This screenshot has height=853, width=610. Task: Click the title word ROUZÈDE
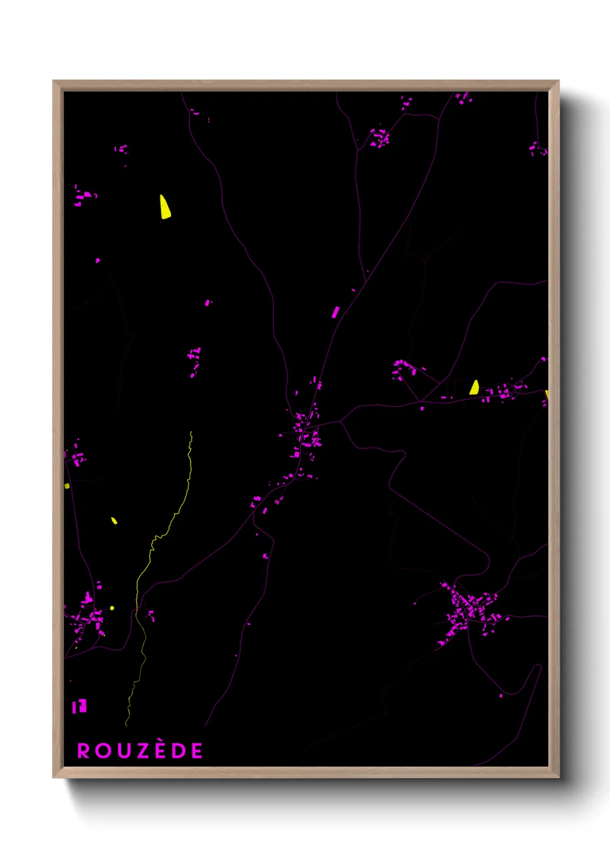[140, 750]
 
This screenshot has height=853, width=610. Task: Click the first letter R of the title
[84, 751]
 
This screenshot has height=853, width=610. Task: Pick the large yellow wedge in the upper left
[165, 208]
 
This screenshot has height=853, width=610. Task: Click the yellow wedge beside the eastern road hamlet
[474, 387]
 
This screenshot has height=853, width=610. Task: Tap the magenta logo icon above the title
[80, 706]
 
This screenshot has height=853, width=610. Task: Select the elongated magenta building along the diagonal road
[335, 312]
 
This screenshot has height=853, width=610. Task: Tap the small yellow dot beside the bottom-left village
[112, 607]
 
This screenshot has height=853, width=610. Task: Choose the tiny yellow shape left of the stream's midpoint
[114, 521]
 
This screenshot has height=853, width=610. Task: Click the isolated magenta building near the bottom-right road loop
[500, 696]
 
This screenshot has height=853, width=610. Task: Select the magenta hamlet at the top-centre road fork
[379, 138]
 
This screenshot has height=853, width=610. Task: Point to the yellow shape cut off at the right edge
[546, 395]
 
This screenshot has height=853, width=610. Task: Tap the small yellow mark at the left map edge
[67, 486]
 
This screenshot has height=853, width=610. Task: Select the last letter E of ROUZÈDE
[197, 751]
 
